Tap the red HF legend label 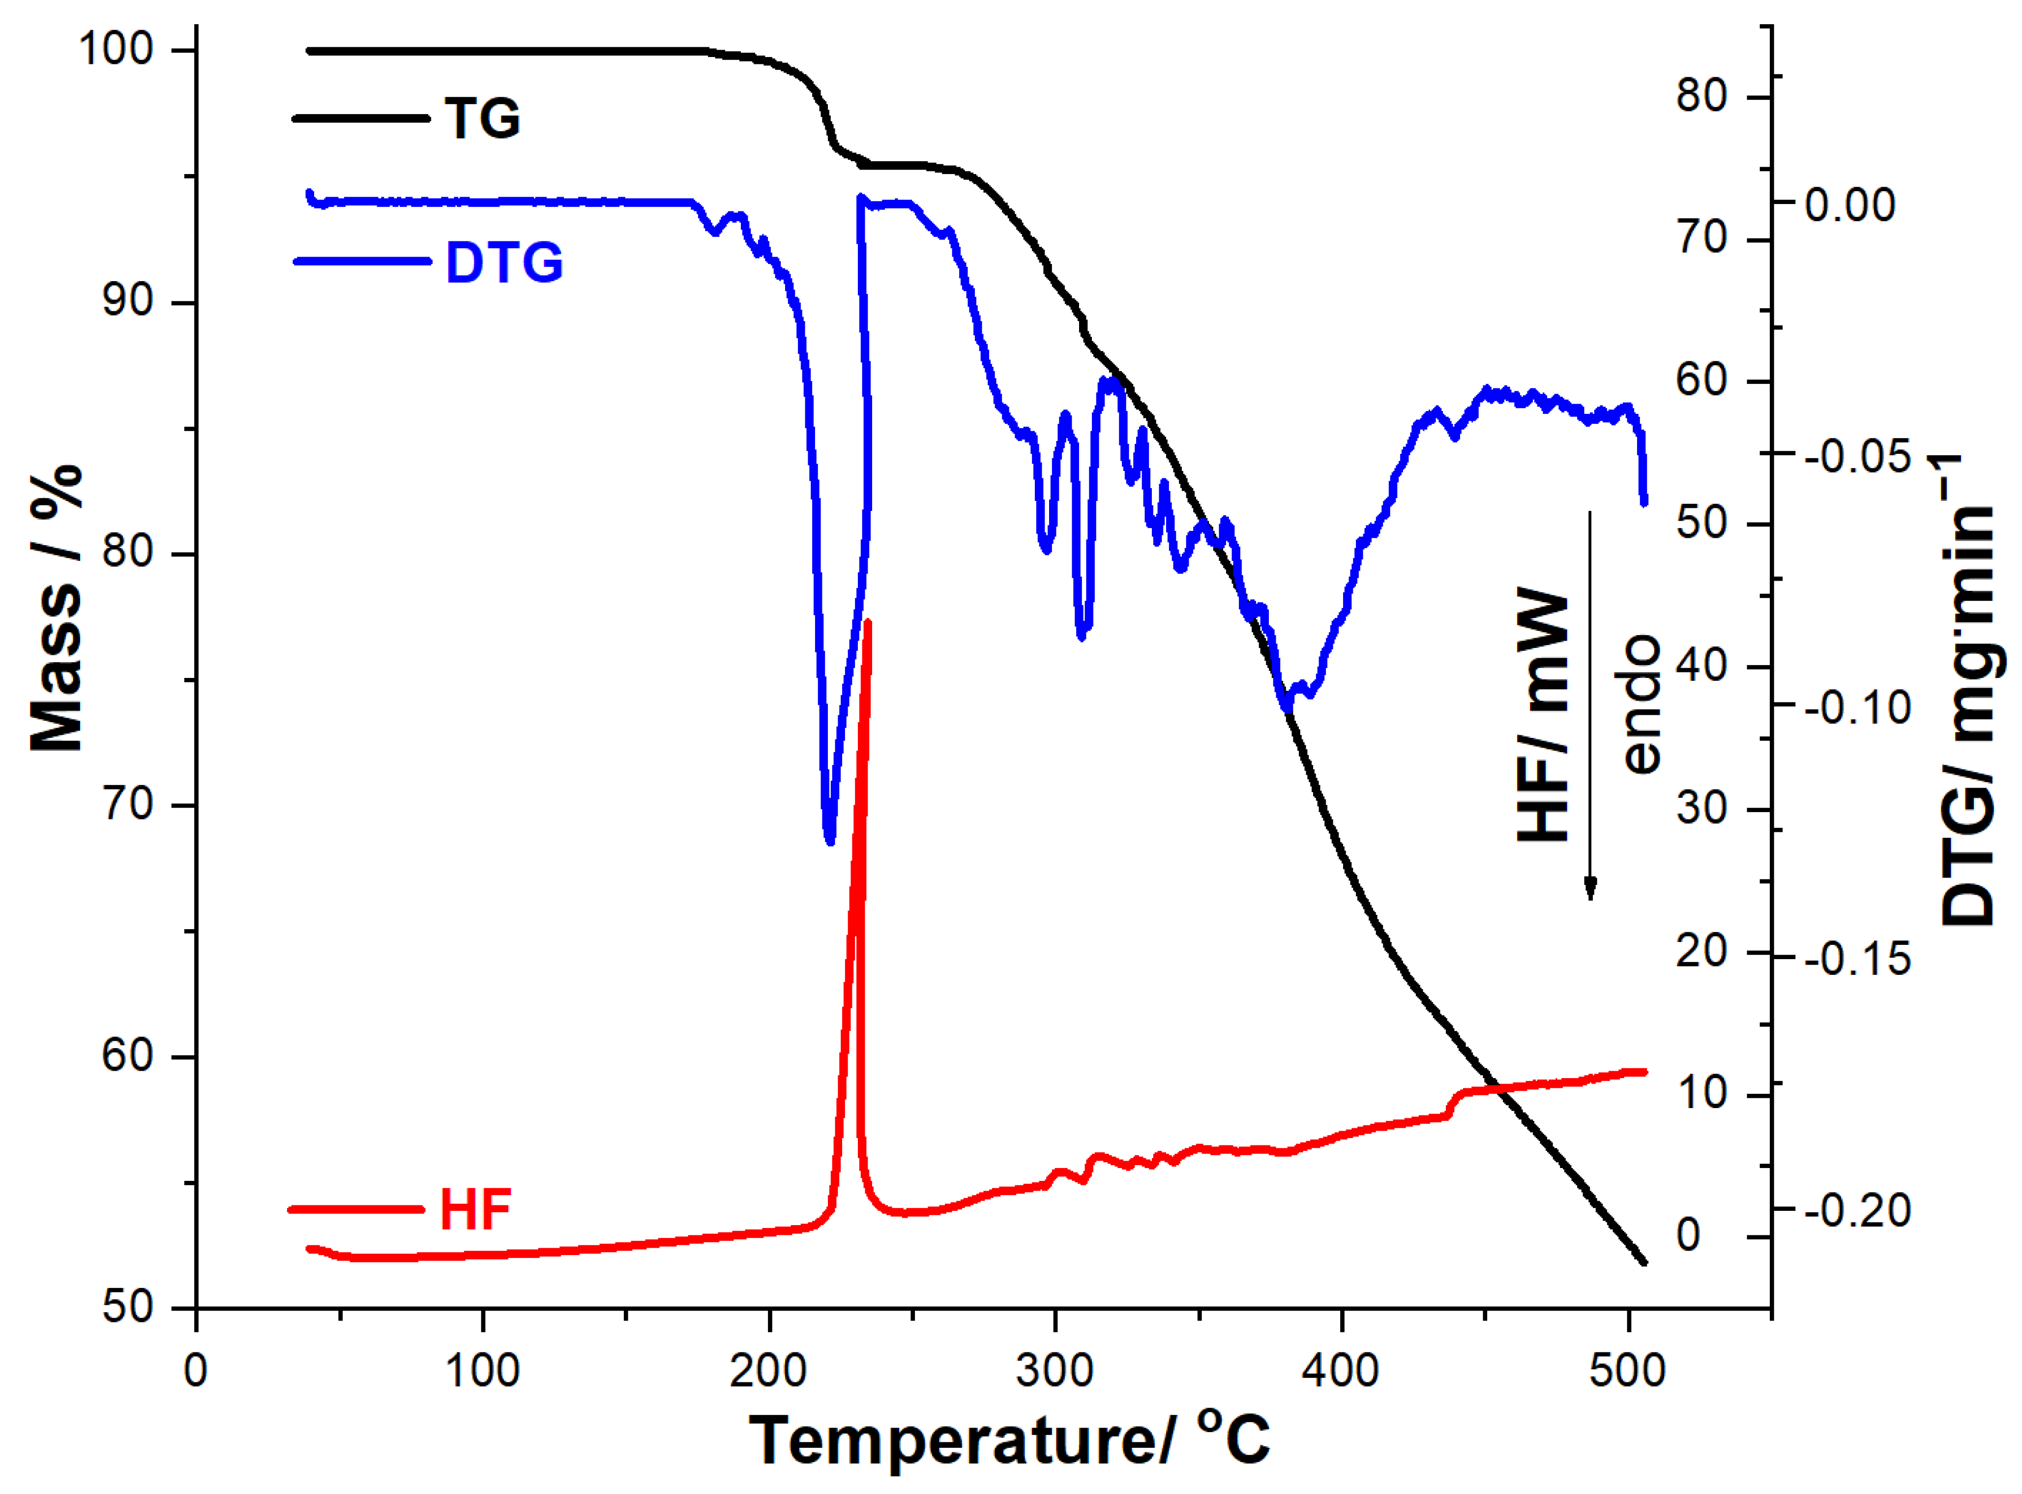pyautogui.click(x=476, y=1210)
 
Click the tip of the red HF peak pyautogui.click(x=867, y=622)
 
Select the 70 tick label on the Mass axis pyautogui.click(x=127, y=804)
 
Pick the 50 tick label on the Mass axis pyautogui.click(x=127, y=1308)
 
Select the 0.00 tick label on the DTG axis pyautogui.click(x=1850, y=205)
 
